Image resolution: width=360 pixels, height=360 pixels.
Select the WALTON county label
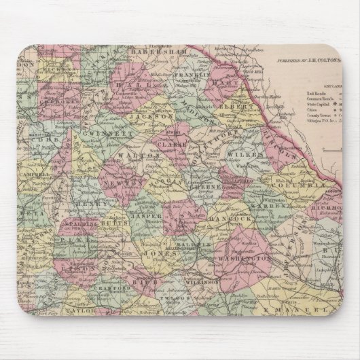(149, 156)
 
